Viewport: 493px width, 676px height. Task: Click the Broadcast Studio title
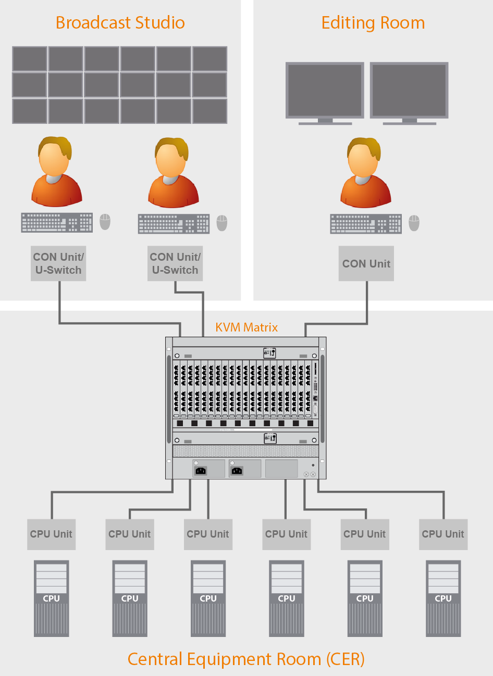(120, 23)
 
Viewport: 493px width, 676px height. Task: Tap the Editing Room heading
(373, 23)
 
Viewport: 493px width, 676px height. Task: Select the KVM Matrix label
(246, 327)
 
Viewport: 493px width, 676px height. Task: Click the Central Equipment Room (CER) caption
(246, 659)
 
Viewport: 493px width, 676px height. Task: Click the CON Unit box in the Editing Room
(366, 264)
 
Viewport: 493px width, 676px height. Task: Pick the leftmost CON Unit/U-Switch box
(58, 264)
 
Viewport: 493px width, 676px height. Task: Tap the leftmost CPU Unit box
(51, 534)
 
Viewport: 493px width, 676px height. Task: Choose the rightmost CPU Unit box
(443, 534)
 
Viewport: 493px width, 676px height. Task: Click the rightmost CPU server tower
(443, 598)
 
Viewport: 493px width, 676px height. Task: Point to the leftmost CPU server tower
(51, 598)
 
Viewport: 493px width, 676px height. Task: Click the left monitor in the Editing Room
(325, 91)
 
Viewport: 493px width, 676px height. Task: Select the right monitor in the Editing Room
(409, 91)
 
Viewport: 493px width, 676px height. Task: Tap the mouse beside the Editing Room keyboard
(414, 223)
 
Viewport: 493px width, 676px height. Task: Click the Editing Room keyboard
(366, 224)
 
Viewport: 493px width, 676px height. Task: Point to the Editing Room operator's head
(364, 158)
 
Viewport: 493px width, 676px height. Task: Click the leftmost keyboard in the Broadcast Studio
(57, 223)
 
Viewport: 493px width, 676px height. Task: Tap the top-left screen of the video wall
(30, 59)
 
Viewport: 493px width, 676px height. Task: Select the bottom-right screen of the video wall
(209, 111)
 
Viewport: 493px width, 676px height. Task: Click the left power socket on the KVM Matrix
(201, 470)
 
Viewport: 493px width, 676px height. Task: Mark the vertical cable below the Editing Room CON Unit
(367, 302)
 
